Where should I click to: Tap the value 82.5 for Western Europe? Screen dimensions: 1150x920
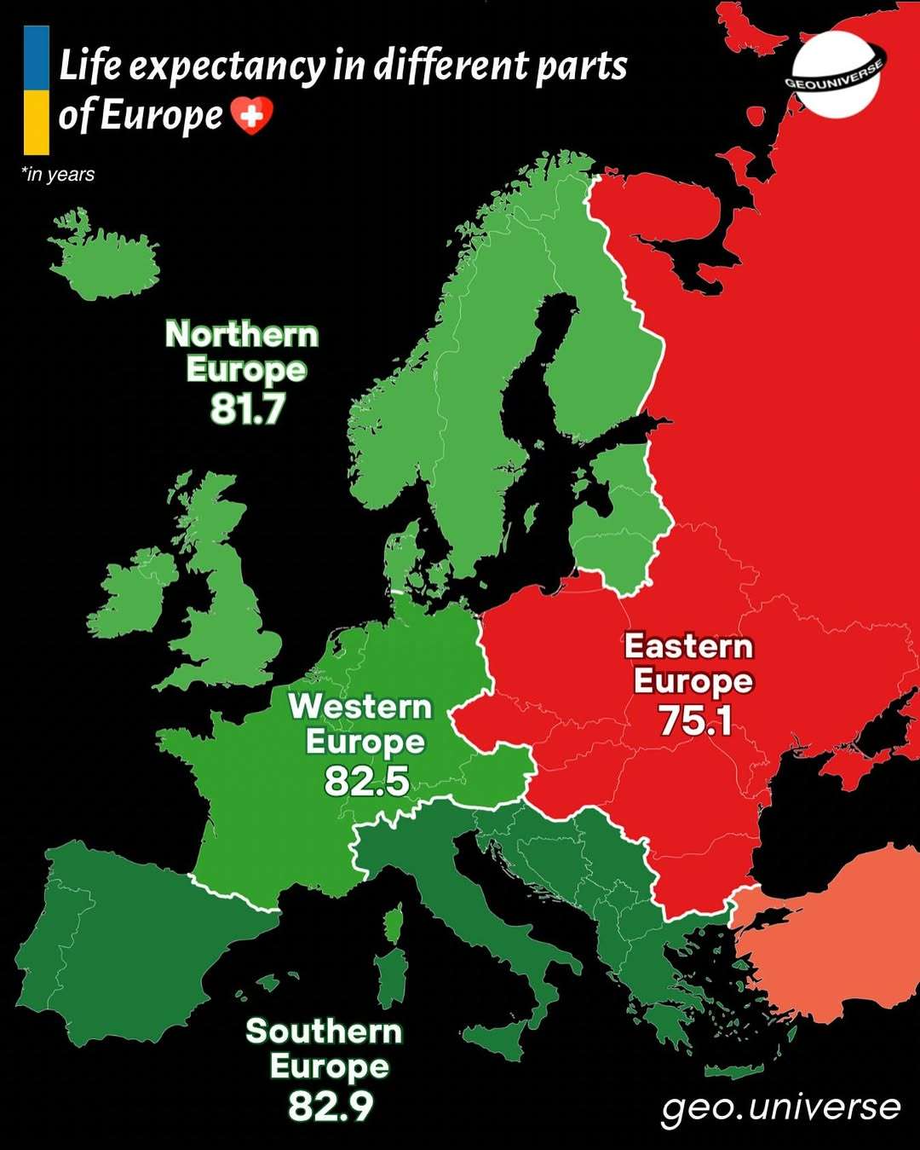[366, 781]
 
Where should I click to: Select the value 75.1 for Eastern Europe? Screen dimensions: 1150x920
[695, 720]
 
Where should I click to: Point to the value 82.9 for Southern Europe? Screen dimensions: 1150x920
[331, 1107]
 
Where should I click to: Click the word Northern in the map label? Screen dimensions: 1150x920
[242, 334]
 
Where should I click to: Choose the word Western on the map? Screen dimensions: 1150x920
[360, 707]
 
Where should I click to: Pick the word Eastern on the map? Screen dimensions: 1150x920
[689, 646]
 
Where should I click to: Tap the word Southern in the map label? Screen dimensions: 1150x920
[324, 1032]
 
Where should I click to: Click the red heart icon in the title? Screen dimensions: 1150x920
[252, 115]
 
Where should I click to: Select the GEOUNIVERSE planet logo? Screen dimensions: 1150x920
[835, 75]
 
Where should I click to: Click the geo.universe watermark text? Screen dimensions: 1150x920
[780, 1107]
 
